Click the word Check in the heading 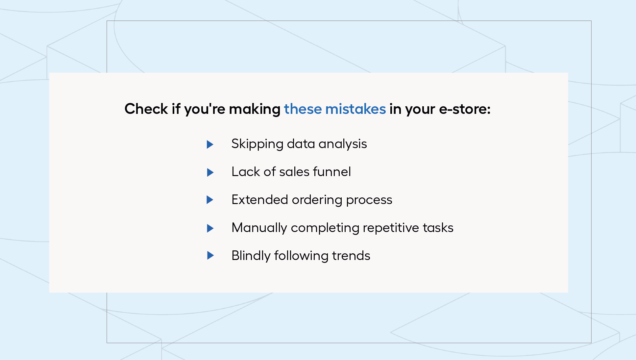pyautogui.click(x=146, y=109)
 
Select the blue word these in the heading pyautogui.click(x=303, y=109)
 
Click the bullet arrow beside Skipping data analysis pyautogui.click(x=210, y=144)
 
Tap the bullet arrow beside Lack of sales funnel pyautogui.click(x=210, y=172)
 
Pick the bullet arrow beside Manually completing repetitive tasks pyautogui.click(x=210, y=228)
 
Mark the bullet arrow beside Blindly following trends pyautogui.click(x=210, y=255)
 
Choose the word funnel pyautogui.click(x=332, y=171)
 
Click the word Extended pyautogui.click(x=260, y=199)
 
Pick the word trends pyautogui.click(x=351, y=255)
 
